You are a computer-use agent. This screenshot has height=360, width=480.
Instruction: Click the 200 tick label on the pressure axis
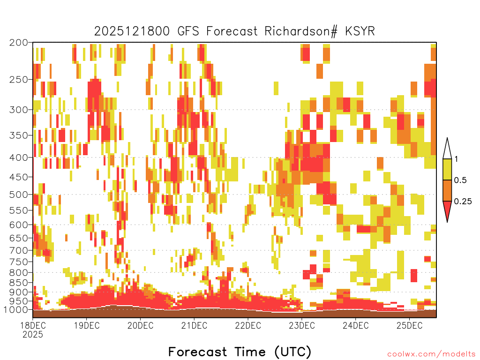tap(18, 43)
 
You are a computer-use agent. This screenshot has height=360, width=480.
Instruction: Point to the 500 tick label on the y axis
tap(18, 195)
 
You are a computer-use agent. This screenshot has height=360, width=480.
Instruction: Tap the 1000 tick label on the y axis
tap(16, 310)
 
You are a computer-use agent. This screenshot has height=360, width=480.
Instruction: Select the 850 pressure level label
tap(18, 283)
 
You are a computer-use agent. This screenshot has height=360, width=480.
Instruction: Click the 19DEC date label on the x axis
tap(87, 325)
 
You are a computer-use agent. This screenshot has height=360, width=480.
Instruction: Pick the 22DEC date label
tap(248, 325)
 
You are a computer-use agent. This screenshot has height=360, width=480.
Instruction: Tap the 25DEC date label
tap(410, 325)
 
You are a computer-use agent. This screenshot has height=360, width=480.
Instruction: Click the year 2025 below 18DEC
tap(33, 334)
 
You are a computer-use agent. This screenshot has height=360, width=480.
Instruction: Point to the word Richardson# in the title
tap(301, 31)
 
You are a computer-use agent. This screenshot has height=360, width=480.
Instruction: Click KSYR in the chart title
tap(360, 31)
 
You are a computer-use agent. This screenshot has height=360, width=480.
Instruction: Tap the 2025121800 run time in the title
tap(132, 31)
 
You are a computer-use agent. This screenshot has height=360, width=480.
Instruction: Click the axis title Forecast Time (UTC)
tap(240, 352)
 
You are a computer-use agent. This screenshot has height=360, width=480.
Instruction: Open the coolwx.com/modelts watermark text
tap(432, 354)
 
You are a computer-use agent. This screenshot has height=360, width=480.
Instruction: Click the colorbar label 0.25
tap(463, 201)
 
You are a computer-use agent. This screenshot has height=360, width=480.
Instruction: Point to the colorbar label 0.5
tap(460, 180)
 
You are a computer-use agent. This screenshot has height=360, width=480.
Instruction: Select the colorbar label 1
tap(456, 159)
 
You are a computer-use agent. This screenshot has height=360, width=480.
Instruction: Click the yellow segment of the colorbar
tap(447, 169)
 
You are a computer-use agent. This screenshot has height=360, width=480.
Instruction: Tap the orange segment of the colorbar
tap(447, 190)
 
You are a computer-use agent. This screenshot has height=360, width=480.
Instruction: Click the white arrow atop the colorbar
tap(447, 150)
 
